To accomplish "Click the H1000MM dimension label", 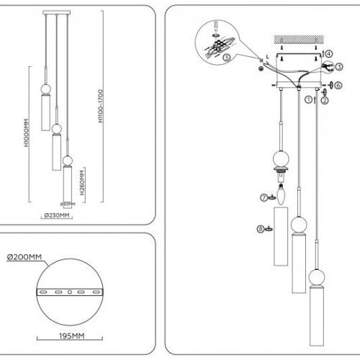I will coord(26,133).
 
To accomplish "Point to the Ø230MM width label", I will coord(56,215).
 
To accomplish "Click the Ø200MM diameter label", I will coord(22,258).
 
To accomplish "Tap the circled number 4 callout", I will coord(329,53).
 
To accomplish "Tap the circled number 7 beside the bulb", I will coord(264,197).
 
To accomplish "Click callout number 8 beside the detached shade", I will coord(260,230).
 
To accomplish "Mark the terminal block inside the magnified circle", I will coord(216,43).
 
